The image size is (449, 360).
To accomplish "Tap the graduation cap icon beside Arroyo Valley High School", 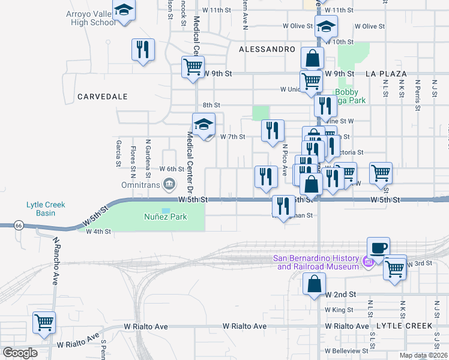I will point(124,11).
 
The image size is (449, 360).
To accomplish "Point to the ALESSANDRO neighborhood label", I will point(267,49).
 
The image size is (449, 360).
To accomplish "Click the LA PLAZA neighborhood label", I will point(385,73).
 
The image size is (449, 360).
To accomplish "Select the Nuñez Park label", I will point(165,217).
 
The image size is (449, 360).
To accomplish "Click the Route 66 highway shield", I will point(19,225).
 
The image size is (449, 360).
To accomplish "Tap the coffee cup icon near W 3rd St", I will point(378,248).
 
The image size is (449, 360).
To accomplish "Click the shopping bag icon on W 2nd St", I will point(315,284).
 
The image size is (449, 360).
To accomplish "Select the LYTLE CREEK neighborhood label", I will point(404,326).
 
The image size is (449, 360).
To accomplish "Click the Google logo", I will point(19,353).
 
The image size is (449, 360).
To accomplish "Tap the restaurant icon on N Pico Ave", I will point(273,130).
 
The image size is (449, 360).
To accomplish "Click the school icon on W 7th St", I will point(203,125).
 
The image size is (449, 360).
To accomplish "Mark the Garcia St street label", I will point(119,153).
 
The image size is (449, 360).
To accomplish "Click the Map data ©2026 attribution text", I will point(423,356).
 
